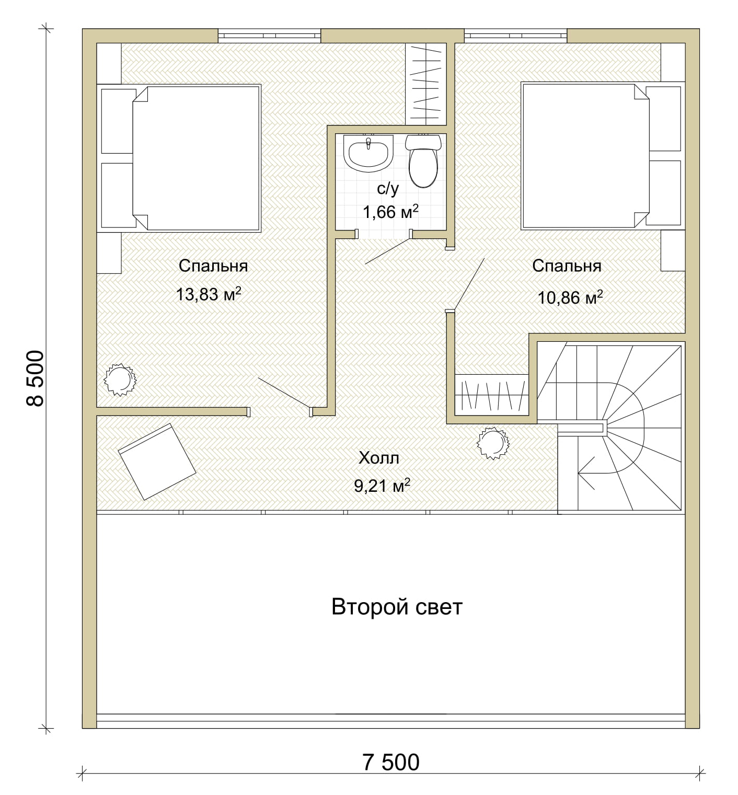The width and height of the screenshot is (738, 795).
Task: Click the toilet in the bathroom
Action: point(423,161)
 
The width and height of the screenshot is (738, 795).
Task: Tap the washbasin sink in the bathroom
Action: point(368,153)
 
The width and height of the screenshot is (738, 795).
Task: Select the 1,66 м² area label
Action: point(390,212)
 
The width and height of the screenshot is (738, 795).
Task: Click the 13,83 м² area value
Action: point(209,294)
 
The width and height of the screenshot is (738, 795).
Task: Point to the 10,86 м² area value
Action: point(570,297)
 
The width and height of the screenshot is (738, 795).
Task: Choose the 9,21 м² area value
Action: point(382,486)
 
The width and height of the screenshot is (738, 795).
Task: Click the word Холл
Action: point(379,458)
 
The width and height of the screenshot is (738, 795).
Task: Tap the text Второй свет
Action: point(397,607)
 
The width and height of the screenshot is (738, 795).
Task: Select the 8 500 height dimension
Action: point(35,378)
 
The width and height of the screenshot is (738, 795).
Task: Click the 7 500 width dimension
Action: point(391,762)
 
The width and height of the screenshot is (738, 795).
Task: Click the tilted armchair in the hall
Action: point(157,462)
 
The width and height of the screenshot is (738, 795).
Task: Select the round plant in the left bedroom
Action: point(120,379)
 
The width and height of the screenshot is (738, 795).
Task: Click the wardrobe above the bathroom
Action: point(425,84)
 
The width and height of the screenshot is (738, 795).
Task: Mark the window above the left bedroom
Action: point(269,36)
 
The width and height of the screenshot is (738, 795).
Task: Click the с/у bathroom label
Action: point(387,189)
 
